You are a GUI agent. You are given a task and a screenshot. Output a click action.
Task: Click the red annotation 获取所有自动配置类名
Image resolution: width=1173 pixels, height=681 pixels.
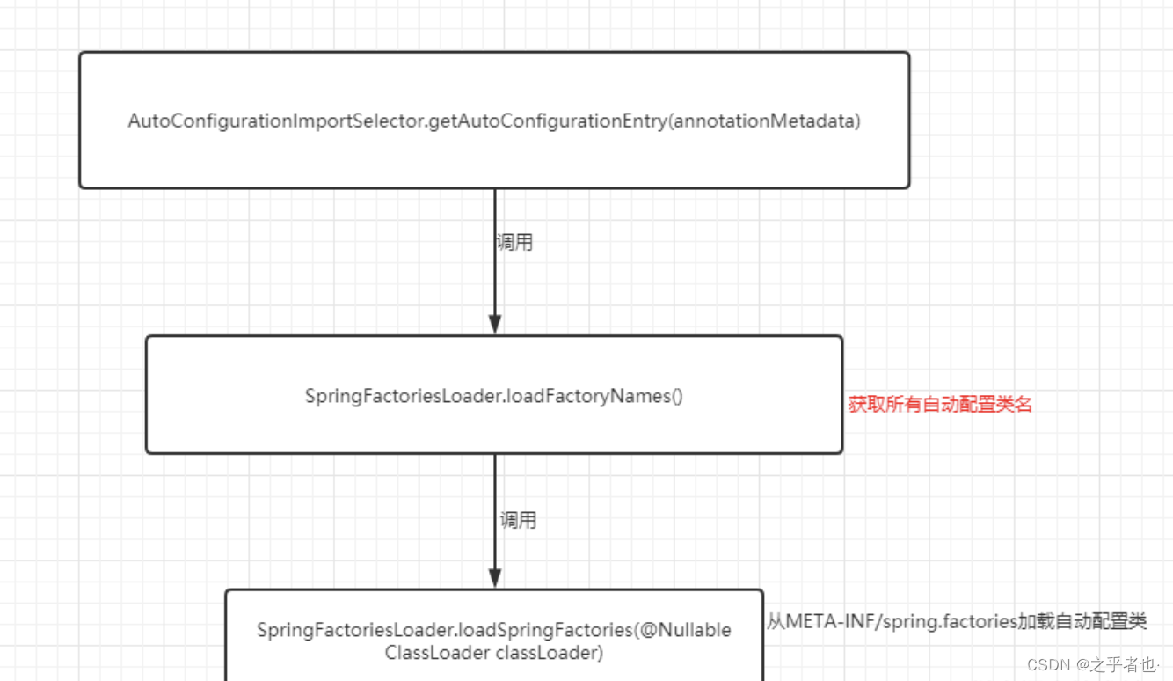coord(939,405)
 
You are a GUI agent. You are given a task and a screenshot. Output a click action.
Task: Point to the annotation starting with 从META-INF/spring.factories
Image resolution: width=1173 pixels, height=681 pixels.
coord(956,621)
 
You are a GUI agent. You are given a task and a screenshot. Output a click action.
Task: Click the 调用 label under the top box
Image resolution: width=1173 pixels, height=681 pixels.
coord(514,243)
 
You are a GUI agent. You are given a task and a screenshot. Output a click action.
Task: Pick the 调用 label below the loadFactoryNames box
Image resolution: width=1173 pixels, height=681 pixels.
coord(518,520)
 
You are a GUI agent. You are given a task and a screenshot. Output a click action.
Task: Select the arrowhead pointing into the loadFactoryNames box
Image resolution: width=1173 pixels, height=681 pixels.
coord(494,324)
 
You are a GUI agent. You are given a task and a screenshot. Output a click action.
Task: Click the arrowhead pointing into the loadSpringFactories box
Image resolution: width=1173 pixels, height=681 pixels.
coord(494,577)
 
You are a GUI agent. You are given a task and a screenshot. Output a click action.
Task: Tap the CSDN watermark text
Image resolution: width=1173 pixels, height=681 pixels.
coord(1045,663)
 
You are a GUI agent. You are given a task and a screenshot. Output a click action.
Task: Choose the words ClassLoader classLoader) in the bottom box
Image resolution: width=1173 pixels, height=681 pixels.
coord(493,653)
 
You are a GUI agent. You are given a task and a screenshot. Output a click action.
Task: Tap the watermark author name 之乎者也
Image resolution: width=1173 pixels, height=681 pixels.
coord(1126,663)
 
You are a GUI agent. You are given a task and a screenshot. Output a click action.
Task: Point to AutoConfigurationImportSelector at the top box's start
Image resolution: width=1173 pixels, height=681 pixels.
coord(277,121)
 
